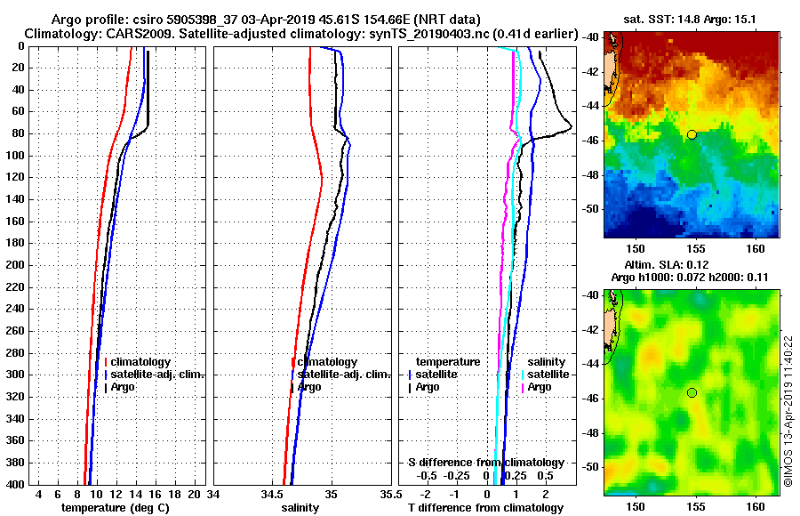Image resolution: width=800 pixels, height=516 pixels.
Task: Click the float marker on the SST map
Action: (692, 134)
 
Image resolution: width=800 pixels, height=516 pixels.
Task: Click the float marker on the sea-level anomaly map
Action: (692, 392)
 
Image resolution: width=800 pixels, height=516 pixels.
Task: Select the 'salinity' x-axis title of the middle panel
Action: (300, 507)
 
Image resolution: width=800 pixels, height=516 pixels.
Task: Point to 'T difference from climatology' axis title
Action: (485, 507)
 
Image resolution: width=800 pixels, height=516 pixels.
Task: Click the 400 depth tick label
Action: (15, 484)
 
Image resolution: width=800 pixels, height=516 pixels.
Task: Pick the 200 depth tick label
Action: (15, 265)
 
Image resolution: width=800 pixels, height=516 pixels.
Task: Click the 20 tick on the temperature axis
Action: (193, 494)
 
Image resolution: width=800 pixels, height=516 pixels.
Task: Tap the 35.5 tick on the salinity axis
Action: (387, 494)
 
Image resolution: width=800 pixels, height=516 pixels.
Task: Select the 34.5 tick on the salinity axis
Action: (272, 494)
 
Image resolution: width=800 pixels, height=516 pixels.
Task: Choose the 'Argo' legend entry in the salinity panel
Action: (309, 387)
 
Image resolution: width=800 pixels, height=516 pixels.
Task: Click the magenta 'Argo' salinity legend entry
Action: (540, 387)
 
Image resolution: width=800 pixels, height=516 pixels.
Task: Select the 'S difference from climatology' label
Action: (485, 463)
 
